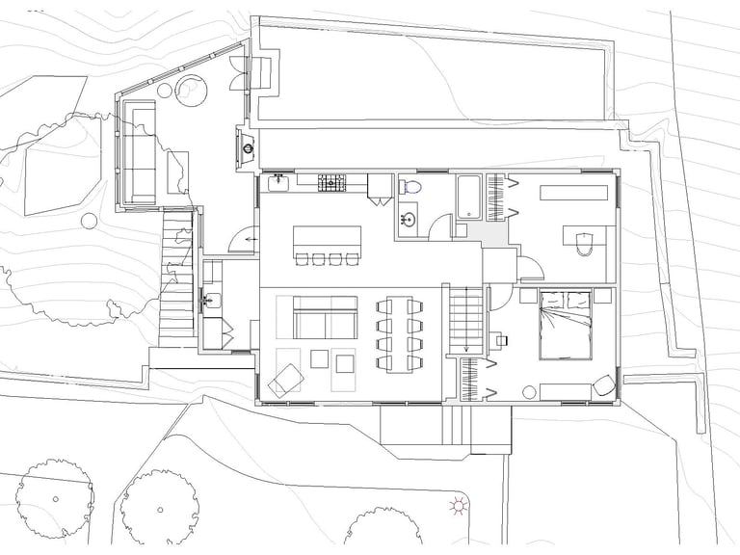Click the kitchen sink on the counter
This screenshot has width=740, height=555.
(278, 180)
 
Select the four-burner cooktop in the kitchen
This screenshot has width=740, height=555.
(333, 179)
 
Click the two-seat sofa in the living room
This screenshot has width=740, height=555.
(324, 318)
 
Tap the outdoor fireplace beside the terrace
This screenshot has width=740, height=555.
(247, 148)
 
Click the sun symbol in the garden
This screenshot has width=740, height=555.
(459, 505)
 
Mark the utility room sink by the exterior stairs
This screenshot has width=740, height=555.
(209, 299)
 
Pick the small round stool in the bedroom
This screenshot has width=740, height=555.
(529, 391)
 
